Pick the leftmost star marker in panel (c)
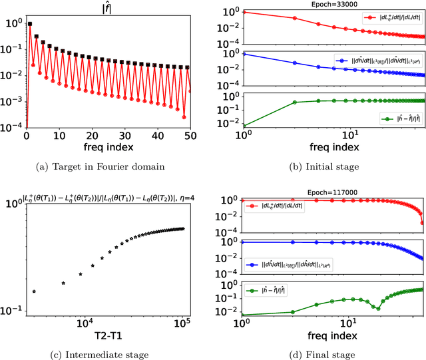[35, 291]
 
